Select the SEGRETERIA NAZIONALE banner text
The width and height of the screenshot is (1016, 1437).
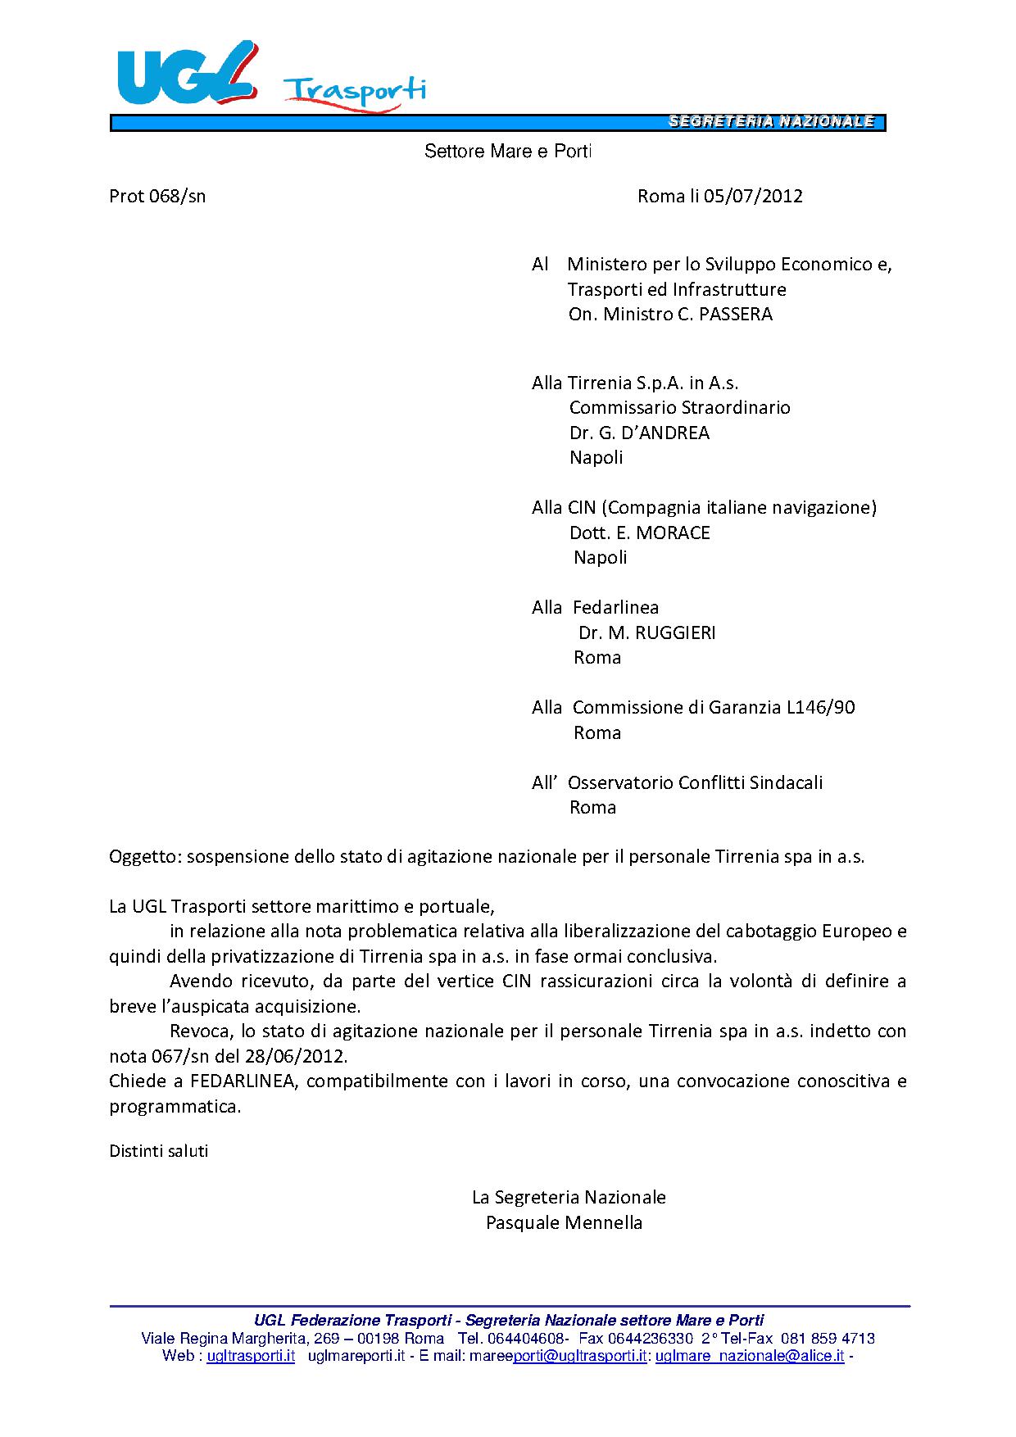771,122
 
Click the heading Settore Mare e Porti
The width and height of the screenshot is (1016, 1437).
507,152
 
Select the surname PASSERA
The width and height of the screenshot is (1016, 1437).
735,314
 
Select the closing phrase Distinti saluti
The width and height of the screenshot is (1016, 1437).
159,1150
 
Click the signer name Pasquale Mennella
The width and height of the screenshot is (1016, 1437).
564,1222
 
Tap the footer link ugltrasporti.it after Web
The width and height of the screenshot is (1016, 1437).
251,1356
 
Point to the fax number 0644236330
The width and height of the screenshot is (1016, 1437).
647,1338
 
